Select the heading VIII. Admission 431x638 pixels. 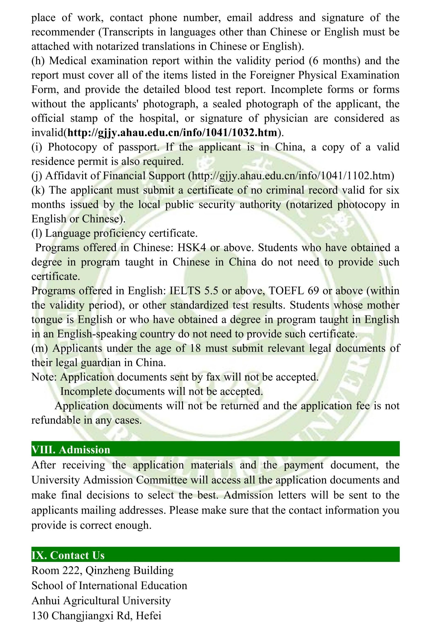(x=71, y=450)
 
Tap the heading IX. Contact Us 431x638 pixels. (x=68, y=555)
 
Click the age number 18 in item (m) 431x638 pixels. (x=195, y=348)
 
